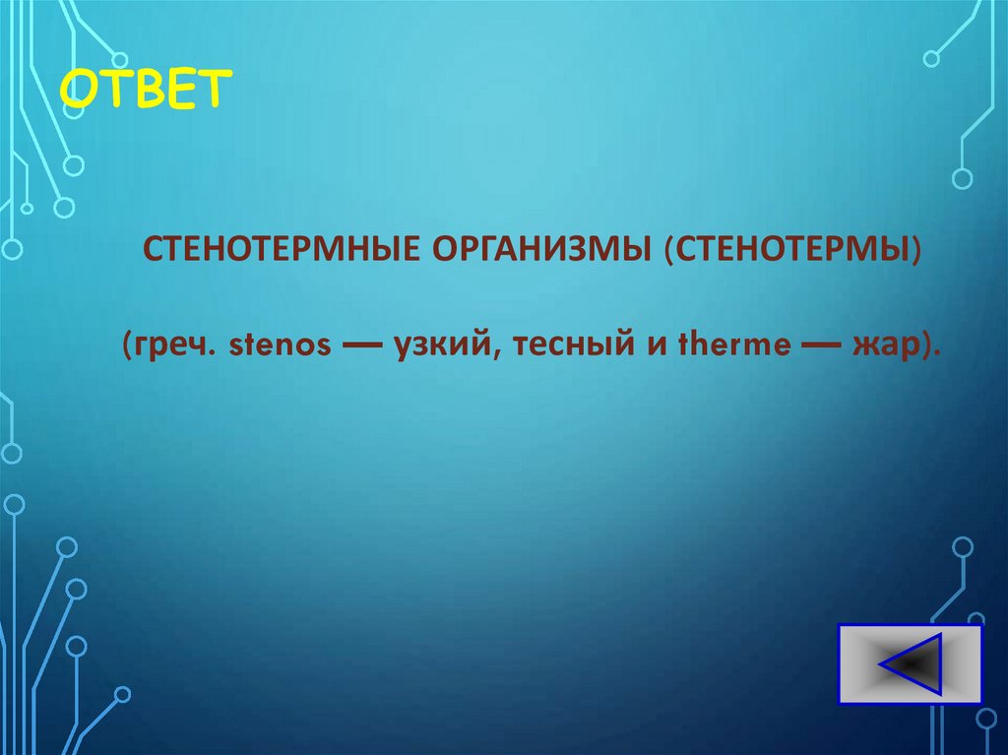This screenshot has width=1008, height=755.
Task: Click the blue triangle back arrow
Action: (x=912, y=665)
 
